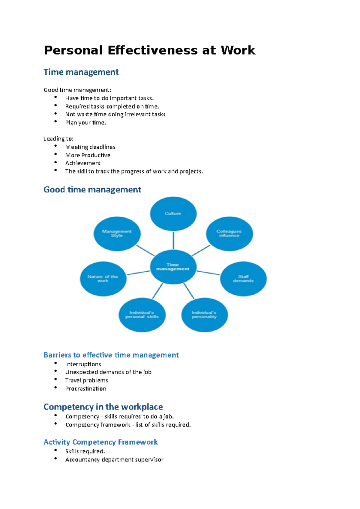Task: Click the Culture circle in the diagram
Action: tap(173, 214)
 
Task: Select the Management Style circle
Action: tap(117, 234)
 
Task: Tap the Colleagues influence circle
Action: tap(229, 234)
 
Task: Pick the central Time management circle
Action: tap(173, 267)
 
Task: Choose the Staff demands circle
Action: tap(243, 279)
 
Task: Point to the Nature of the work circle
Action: tap(103, 279)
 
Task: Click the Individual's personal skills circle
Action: tap(142, 315)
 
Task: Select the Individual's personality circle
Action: tap(204, 315)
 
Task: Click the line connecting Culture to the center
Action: tap(173, 240)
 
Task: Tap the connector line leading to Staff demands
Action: tap(208, 273)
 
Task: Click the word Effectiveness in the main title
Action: tap(152, 50)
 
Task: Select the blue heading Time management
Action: tap(81, 72)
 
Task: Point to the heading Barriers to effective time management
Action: tap(111, 355)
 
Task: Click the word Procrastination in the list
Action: tap(86, 388)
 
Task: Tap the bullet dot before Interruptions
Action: tap(55, 363)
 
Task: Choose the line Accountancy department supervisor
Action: tap(114, 460)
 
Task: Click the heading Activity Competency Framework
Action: tap(100, 442)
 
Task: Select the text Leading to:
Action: tap(58, 139)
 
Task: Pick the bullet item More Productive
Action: tap(88, 155)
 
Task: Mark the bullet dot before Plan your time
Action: tap(55, 121)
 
